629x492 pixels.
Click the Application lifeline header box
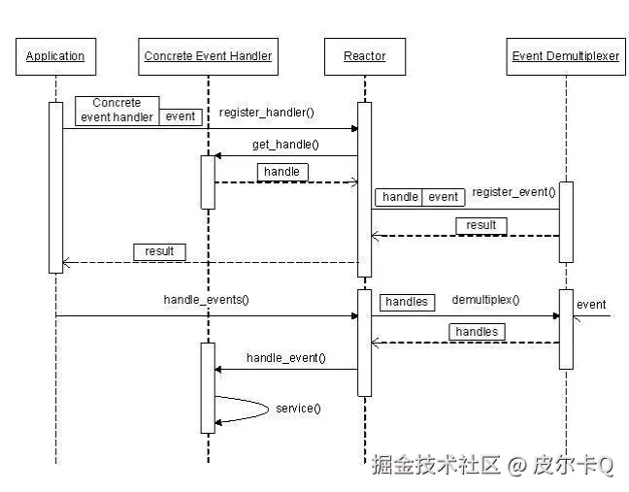click(55, 56)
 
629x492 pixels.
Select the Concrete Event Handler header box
click(208, 56)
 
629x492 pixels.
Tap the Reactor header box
click(364, 56)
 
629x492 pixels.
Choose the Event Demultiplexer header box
click(565, 56)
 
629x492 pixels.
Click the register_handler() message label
click(266, 113)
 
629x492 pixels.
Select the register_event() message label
click(513, 192)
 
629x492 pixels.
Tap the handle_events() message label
click(206, 300)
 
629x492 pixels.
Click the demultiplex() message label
click(484, 300)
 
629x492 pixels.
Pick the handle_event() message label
click(285, 358)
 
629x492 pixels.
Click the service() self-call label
click(298, 409)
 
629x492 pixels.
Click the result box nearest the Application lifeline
click(159, 251)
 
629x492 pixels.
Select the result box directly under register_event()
click(480, 225)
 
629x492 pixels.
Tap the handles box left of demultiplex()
click(407, 302)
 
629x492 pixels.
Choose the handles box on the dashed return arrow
click(477, 332)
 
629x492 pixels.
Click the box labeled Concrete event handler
click(116, 110)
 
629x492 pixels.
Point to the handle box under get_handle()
click(282, 172)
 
